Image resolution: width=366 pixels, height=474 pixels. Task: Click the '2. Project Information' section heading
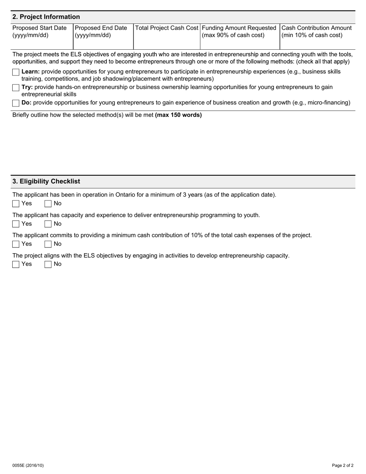[x=46, y=17]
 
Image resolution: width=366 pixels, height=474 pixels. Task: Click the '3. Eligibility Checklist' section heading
[x=46, y=182]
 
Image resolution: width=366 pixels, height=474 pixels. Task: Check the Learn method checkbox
[x=16, y=72]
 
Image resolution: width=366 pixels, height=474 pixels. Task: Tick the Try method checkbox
[x=16, y=87]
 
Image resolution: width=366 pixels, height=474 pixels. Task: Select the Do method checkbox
[x=16, y=103]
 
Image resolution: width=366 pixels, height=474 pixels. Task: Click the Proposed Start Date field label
[x=39, y=31]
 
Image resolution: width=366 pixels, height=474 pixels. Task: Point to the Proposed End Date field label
[x=101, y=31]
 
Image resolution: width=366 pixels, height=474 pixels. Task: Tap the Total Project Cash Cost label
[x=166, y=28]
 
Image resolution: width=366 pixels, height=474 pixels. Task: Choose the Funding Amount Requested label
[x=239, y=31]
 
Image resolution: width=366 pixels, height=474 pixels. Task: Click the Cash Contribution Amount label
[x=316, y=31]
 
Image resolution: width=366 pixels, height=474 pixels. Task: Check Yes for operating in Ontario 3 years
[x=16, y=203]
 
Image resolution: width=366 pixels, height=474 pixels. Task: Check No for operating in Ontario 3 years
[x=48, y=203]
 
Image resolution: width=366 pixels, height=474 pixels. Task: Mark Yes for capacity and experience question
[x=16, y=224]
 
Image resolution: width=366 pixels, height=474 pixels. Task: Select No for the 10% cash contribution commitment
[x=48, y=244]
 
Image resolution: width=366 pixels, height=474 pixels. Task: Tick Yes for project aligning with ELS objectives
[x=16, y=264]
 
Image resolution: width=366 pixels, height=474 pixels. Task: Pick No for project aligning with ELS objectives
[x=48, y=264]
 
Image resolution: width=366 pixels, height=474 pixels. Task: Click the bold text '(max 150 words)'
[x=178, y=115]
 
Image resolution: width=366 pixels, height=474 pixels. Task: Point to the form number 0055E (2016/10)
[x=28, y=466]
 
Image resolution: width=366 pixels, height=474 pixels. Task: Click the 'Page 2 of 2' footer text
[x=342, y=466]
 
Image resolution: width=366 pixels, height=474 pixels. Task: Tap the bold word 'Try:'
[x=27, y=87]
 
